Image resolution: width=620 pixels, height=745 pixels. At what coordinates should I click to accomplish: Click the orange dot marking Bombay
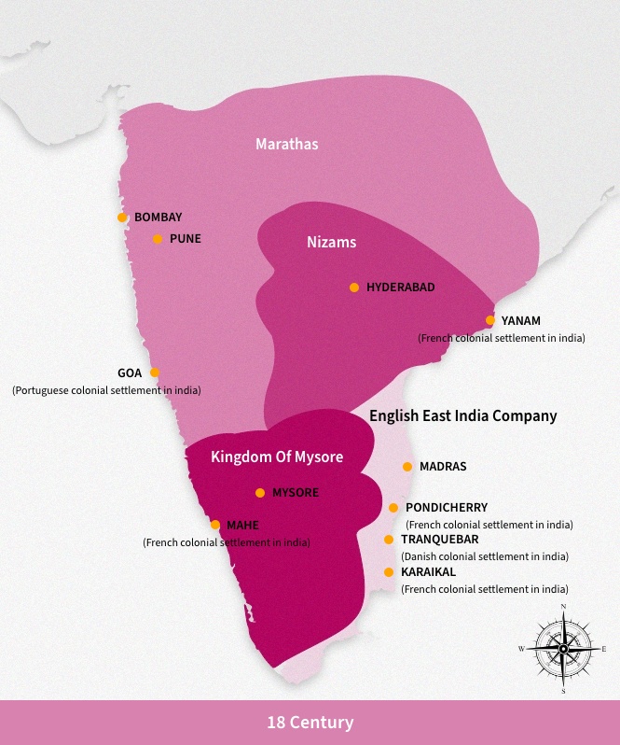pos(122,218)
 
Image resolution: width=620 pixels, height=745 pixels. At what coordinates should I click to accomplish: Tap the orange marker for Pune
pos(158,239)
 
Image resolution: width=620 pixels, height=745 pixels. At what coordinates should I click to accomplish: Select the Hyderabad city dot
pos(354,288)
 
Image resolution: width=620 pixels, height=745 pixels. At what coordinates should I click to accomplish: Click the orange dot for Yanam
pos(490,320)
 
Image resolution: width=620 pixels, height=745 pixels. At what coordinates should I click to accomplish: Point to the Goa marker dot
pos(155,372)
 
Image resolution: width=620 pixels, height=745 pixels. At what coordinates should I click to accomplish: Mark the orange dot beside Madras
pos(407,467)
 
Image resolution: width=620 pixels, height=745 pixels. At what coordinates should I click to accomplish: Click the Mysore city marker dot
pos(260,493)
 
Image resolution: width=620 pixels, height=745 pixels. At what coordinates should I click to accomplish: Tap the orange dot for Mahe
pos(215,525)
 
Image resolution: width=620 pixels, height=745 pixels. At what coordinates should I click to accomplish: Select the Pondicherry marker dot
pos(393,508)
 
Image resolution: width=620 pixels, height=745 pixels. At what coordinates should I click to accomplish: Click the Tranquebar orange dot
pos(389,540)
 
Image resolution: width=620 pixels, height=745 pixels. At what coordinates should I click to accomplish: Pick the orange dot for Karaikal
pos(389,572)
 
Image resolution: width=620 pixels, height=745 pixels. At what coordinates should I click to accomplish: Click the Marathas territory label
pos(287,144)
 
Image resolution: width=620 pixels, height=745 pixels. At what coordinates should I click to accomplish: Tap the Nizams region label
pos(331,242)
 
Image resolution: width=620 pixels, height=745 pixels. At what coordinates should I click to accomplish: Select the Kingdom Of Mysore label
pos(277,457)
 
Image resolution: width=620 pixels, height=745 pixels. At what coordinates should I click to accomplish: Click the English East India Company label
pos(463,415)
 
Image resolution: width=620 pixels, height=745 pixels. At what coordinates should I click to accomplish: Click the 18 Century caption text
pos(310,723)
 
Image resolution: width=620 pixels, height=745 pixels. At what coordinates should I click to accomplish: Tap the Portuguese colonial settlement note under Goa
pos(106,389)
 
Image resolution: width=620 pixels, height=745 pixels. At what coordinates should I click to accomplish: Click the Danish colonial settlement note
pos(485,556)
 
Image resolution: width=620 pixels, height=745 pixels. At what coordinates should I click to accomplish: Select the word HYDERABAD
pos(401,288)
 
